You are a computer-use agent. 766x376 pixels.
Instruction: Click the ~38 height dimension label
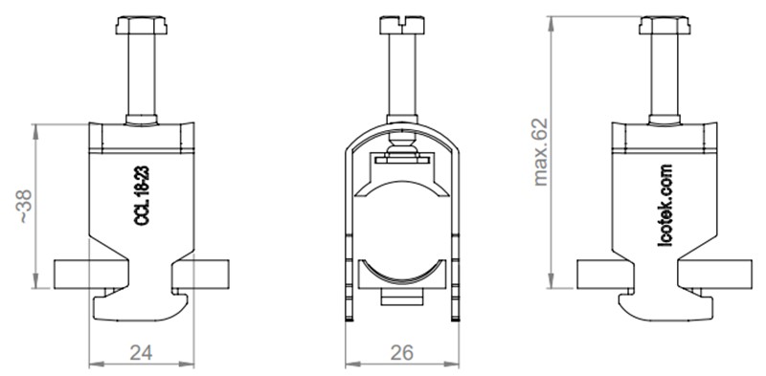point(24,205)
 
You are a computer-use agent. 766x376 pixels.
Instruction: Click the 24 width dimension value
point(141,352)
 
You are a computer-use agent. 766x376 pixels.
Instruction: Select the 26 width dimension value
point(402,352)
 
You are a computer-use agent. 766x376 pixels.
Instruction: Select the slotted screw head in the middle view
point(402,20)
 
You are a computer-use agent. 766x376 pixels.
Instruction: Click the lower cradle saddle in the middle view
point(402,273)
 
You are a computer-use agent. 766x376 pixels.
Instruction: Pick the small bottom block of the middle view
point(402,299)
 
